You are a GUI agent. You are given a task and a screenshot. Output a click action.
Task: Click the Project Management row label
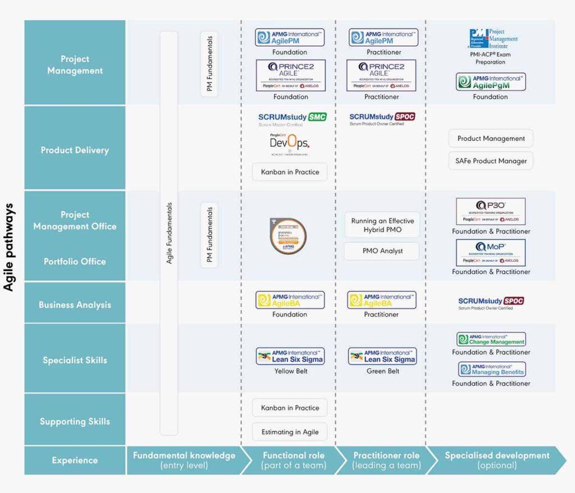75,65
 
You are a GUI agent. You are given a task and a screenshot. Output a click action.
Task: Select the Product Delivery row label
75,150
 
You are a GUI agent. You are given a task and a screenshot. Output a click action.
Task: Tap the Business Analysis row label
75,305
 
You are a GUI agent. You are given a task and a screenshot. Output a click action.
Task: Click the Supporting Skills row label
75,421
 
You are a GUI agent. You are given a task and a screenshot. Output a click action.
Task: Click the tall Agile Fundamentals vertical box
169,233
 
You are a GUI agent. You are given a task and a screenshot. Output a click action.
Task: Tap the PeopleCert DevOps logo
289,144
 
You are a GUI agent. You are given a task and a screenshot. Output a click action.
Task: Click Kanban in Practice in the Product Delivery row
290,172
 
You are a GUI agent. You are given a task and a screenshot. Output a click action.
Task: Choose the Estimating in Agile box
290,432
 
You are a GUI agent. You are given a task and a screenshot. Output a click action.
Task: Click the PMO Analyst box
382,251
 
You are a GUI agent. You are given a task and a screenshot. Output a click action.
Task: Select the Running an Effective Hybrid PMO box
382,225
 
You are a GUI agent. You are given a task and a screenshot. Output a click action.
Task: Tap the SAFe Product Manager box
491,161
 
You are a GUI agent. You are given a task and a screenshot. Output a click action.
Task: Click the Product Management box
491,138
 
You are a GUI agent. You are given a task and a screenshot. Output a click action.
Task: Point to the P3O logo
491,211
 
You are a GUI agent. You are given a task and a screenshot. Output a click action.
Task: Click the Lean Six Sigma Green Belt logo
382,356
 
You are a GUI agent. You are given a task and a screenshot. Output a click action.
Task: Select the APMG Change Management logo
491,339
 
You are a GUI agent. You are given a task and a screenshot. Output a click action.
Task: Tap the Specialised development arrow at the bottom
497,460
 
